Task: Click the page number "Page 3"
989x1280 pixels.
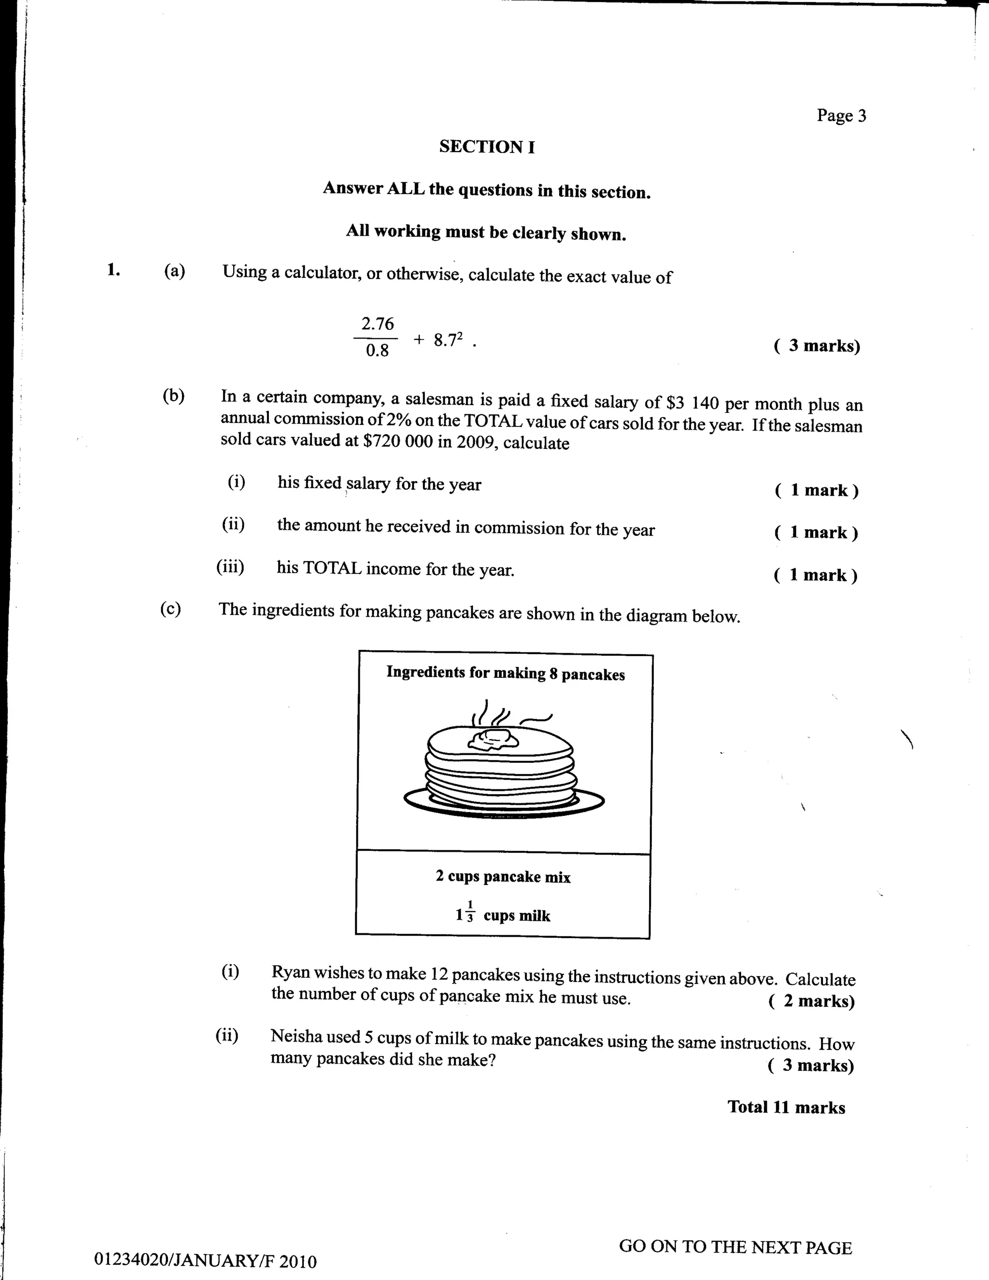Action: [841, 115]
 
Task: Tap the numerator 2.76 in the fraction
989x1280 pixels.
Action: [378, 324]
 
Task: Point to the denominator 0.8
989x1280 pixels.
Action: [377, 351]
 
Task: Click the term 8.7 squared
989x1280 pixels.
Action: [449, 339]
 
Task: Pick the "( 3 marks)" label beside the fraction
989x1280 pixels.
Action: [817, 346]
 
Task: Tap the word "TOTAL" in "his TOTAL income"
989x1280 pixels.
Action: [331, 568]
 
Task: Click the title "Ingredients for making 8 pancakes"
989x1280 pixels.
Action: [505, 674]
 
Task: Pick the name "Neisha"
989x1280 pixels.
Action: [295, 1036]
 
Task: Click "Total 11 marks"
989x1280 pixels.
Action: [786, 1107]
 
